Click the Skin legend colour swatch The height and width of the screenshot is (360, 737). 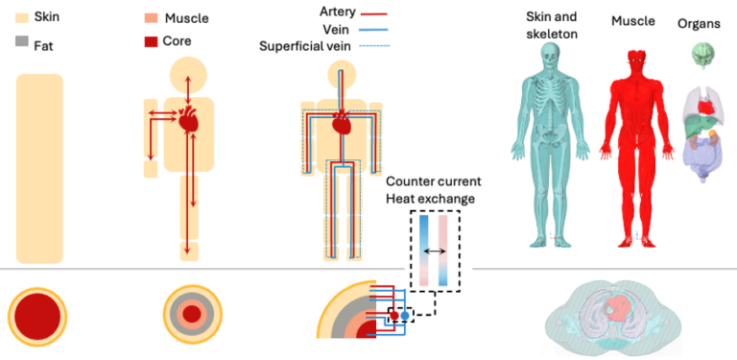[22, 18]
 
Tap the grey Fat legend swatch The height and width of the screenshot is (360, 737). [22, 42]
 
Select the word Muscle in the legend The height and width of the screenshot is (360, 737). [186, 19]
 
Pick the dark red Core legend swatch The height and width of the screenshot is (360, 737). [151, 41]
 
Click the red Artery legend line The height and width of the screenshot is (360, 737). [373, 13]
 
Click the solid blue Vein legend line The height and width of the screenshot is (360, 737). [373, 30]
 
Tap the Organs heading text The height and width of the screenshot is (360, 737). [699, 24]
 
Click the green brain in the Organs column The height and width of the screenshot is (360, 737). [701, 55]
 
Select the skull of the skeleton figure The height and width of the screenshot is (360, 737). [551, 54]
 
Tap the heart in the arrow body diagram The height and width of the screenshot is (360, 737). [189, 120]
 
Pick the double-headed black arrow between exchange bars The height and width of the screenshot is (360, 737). [436, 252]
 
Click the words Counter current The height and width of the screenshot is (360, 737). [434, 181]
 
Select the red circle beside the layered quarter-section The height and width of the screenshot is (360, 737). [393, 315]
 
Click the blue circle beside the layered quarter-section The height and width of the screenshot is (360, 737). [405, 315]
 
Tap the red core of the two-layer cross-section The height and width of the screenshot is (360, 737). [37, 315]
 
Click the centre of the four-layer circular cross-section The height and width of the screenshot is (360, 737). [192, 314]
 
